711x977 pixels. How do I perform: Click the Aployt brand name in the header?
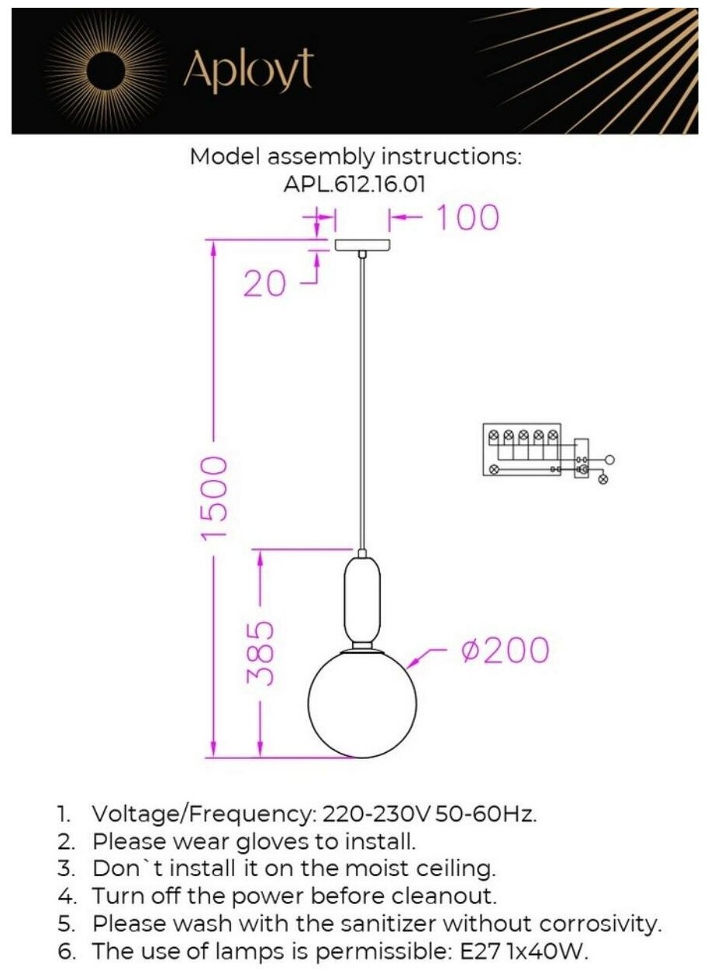pyautogui.click(x=247, y=72)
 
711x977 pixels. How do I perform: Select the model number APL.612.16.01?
pyautogui.click(x=355, y=184)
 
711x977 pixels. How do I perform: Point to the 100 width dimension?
pyautogui.click(x=466, y=218)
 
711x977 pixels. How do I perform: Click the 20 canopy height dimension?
pyautogui.click(x=264, y=285)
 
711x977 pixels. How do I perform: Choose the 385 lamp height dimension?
pyautogui.click(x=260, y=652)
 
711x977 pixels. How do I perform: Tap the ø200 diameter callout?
pyautogui.click(x=504, y=651)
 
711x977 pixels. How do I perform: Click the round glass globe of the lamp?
pyautogui.click(x=362, y=703)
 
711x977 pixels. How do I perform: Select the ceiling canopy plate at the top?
pyautogui.click(x=362, y=245)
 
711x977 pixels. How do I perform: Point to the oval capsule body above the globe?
pyautogui.click(x=362, y=597)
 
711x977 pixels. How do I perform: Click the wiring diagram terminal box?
pyautogui.click(x=521, y=449)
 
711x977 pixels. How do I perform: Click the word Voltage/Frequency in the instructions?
pyautogui.click(x=199, y=815)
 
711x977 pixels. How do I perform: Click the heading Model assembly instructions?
pyautogui.click(x=355, y=157)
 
